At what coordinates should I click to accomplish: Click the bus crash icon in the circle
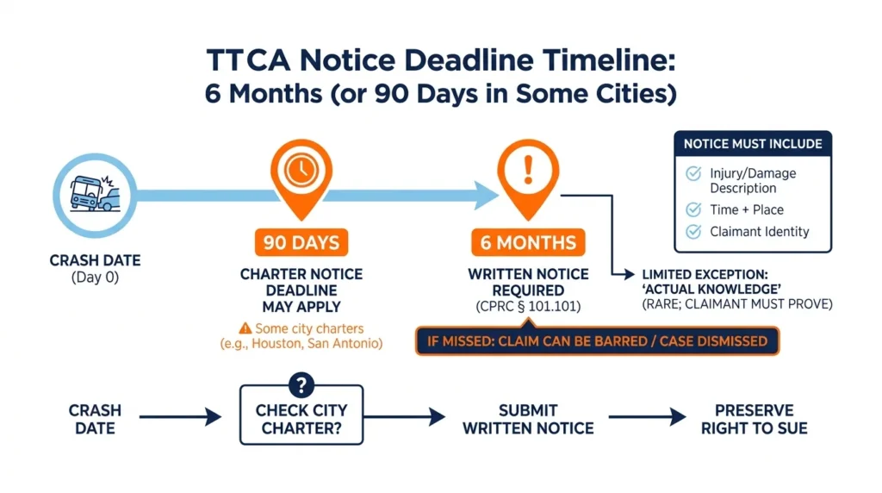pos(95,194)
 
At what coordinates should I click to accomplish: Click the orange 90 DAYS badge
pos(301,242)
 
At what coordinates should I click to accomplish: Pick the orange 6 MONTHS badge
pos(528,242)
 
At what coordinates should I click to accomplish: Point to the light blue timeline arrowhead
pos(486,196)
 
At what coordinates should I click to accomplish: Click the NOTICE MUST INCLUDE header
pos(753,144)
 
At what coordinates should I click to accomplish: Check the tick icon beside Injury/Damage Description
pos(693,173)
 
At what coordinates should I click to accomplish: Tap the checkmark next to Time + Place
pos(693,210)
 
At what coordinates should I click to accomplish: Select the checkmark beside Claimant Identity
pos(693,231)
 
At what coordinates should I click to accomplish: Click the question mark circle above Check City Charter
pos(301,385)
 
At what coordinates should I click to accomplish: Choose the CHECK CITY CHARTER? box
pos(301,415)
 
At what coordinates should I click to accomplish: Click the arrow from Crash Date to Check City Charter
pos(181,417)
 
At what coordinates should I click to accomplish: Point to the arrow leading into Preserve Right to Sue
pos(648,417)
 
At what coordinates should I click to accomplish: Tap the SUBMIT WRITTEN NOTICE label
pos(528,419)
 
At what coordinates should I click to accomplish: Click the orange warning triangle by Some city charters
pos(245,328)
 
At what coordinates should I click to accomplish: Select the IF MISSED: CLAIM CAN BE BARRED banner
pos(598,341)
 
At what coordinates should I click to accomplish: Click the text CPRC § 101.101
pos(528,307)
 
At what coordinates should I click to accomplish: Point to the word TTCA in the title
pos(248,59)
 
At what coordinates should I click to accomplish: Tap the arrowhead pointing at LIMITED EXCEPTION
pos(630,274)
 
